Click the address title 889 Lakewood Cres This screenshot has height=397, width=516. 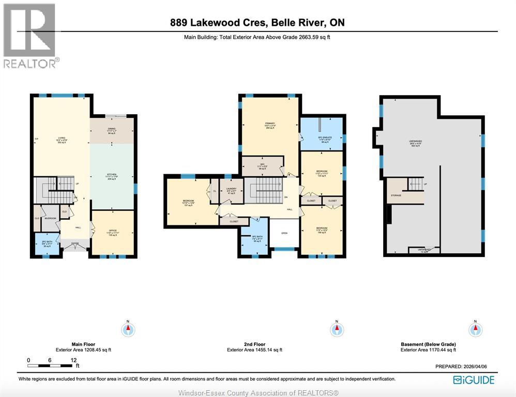point(257,23)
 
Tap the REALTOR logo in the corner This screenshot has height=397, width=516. point(30,36)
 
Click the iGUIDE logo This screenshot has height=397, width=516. point(473,380)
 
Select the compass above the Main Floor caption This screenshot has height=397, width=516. point(128,329)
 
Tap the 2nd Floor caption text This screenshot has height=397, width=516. point(254,344)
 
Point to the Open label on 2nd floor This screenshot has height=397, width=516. point(284,233)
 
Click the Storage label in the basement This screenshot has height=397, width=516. point(396,196)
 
